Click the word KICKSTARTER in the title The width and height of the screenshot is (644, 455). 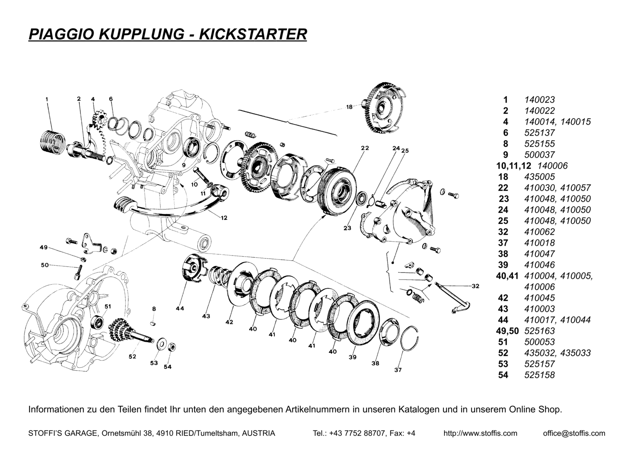click(x=253, y=34)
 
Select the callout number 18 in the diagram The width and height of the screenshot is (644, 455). click(x=349, y=107)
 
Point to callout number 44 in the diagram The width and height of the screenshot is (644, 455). click(x=180, y=309)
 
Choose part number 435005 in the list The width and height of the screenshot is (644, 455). click(x=539, y=177)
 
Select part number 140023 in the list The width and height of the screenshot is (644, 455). click(x=539, y=100)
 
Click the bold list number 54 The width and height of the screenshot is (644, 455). click(x=503, y=375)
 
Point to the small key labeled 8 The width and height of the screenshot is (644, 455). click(x=154, y=323)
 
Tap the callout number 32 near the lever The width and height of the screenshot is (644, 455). click(x=475, y=286)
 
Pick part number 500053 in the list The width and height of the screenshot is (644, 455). click(x=539, y=342)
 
